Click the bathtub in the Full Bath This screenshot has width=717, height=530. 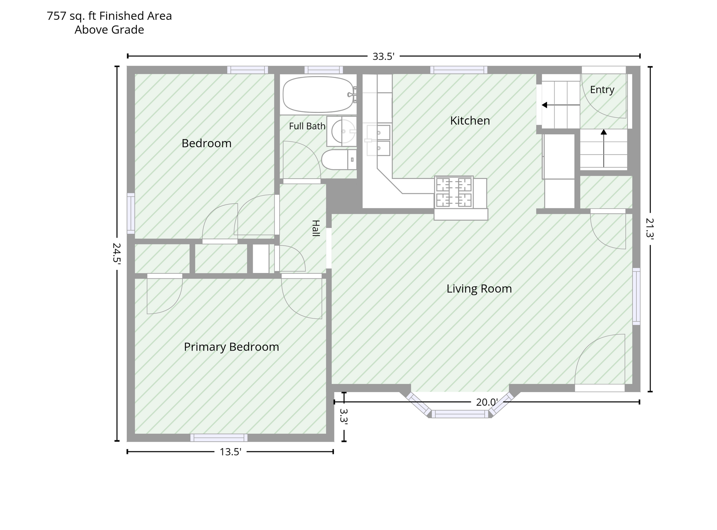319,94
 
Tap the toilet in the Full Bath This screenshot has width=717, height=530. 339,160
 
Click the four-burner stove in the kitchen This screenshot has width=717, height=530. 454,193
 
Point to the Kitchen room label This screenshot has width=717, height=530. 470,121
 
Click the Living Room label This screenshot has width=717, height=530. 479,289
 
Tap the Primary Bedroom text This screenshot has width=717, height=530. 231,347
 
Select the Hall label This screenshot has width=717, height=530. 316,228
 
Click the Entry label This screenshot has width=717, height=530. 602,90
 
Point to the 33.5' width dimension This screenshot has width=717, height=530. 383,56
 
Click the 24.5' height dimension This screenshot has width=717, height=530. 117,253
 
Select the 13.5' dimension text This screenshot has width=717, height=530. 231,452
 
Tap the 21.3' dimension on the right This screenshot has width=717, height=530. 650,228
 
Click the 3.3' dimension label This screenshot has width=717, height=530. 343,415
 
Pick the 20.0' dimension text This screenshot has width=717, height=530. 487,402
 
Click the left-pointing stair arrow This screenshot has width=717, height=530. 561,105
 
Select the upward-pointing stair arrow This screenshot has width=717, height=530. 603,148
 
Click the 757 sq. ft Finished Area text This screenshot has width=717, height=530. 109,16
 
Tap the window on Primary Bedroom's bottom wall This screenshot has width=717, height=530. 219,438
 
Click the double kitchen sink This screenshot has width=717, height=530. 378,140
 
